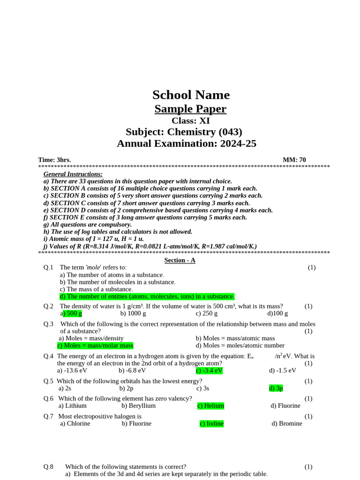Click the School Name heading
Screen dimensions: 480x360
tap(191, 95)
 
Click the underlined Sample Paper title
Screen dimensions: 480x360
tap(190, 109)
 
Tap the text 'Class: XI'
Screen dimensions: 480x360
tap(190, 120)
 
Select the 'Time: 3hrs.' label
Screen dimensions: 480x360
tap(54, 160)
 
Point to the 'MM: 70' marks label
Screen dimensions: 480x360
tap(294, 160)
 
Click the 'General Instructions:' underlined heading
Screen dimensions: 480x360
tap(73, 174)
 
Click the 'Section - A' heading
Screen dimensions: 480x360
tap(180, 260)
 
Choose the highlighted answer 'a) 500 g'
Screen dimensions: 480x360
tap(71, 314)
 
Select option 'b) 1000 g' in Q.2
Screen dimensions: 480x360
tap(133, 314)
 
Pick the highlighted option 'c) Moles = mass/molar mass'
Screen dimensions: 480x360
tap(95, 345)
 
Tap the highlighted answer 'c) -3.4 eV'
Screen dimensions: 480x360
tap(209, 370)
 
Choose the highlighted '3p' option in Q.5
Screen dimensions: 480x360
tap(276, 388)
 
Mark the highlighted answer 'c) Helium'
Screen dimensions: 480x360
tap(210, 405)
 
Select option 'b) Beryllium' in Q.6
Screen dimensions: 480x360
tap(138, 405)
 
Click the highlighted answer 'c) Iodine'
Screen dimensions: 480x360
tap(211, 423)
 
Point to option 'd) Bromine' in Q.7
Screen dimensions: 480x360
tap(287, 423)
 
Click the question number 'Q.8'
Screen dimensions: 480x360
tap(49, 467)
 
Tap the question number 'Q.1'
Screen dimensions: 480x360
tap(49, 267)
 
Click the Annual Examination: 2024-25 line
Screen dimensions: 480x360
tap(187, 143)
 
